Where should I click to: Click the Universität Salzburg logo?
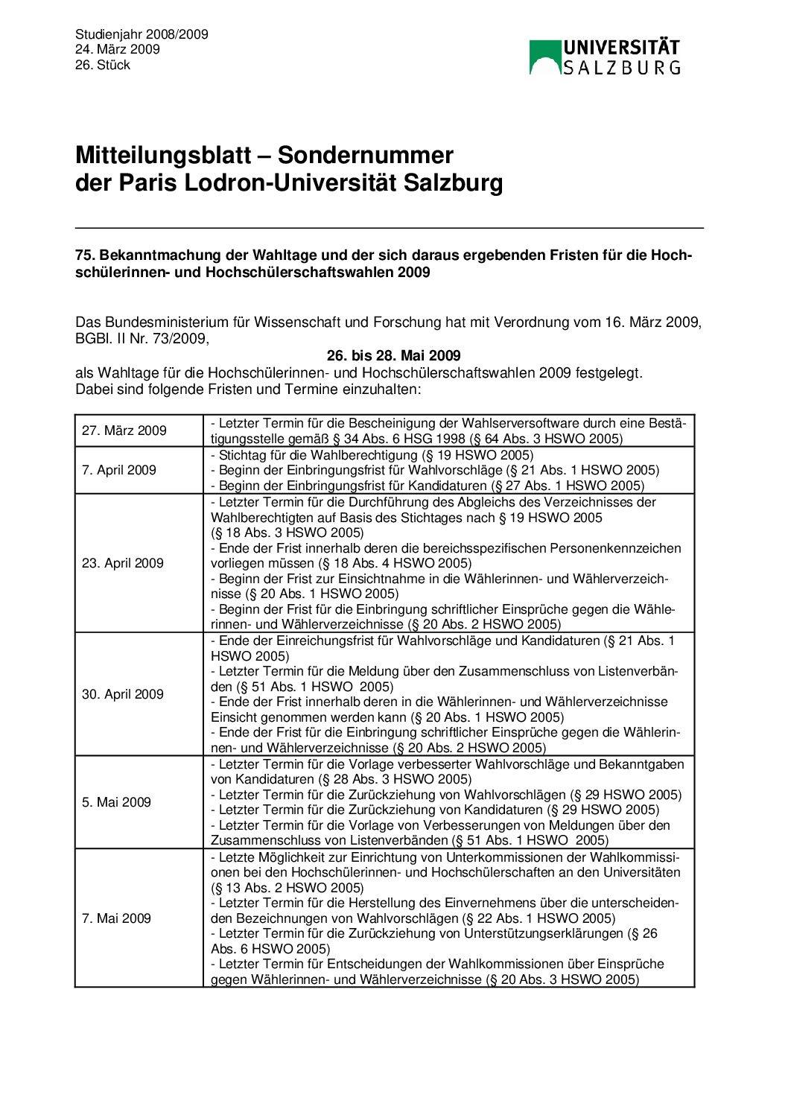(604, 57)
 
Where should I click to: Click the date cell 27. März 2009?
(124, 431)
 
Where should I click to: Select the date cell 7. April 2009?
(119, 470)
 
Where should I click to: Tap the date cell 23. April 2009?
(123, 563)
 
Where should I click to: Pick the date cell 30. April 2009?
(123, 694)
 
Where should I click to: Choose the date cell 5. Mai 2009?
(116, 802)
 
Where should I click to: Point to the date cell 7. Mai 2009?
(116, 918)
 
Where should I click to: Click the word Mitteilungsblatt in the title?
(163, 155)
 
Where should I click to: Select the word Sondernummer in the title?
(365, 155)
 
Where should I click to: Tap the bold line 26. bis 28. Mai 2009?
(393, 356)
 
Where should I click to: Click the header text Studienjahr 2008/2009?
(142, 34)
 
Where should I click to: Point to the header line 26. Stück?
(103, 65)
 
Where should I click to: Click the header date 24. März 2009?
(118, 49)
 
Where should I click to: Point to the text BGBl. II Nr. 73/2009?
(142, 339)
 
